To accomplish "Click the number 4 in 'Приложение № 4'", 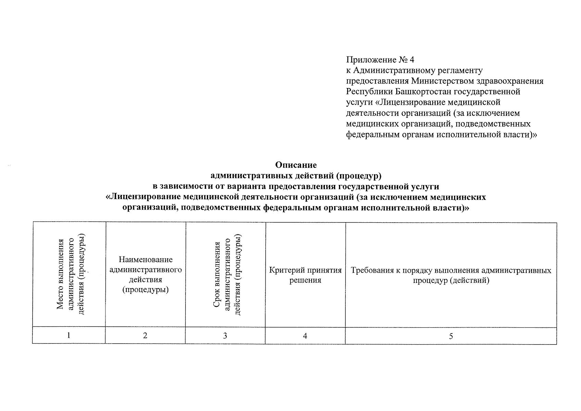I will click(x=411, y=60).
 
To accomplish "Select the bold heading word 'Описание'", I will click(x=296, y=165).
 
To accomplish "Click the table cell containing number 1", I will click(x=69, y=335).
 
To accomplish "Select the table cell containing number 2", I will click(x=145, y=335).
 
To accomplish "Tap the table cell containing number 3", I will click(x=225, y=335).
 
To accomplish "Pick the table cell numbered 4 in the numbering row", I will click(x=305, y=336).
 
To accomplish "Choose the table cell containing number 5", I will click(x=451, y=336).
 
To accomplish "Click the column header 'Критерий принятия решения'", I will click(x=305, y=275).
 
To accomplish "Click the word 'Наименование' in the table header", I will click(x=146, y=260).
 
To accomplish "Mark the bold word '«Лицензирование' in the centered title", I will click(x=143, y=197).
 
